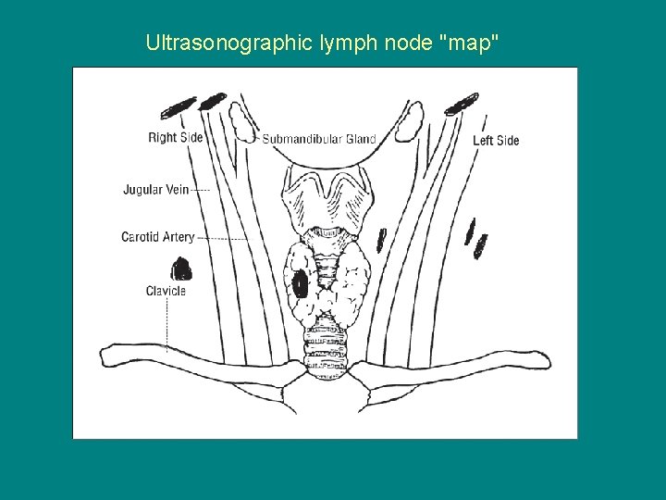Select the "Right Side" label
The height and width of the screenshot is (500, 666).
point(175,138)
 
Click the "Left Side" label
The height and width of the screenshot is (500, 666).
point(496,141)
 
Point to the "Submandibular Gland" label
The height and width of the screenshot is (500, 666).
point(319,139)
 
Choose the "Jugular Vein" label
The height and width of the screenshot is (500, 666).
point(155,190)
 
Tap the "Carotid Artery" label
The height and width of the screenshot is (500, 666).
point(157,237)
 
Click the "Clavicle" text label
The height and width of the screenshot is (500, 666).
point(166,291)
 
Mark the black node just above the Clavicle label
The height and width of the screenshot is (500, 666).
point(182,269)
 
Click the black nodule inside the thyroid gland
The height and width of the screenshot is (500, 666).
point(301,282)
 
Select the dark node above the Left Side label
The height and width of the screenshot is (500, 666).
point(461,103)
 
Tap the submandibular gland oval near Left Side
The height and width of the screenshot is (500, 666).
point(410,121)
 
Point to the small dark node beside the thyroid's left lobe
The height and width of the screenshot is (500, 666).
point(381,241)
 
